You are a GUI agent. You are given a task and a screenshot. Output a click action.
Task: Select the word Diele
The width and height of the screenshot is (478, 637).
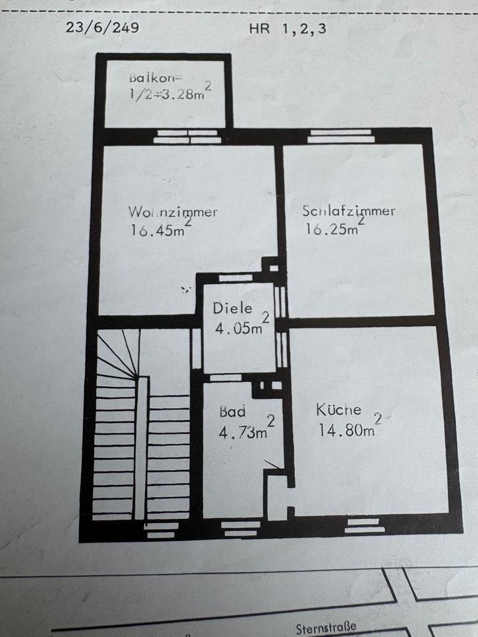(x=232, y=308)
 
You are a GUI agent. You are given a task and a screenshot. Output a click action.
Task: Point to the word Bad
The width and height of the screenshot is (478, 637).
(x=232, y=411)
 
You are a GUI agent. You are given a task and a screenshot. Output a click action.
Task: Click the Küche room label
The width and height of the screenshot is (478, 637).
(x=339, y=409)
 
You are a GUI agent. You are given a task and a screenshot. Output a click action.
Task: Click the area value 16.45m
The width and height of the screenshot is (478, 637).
(x=158, y=230)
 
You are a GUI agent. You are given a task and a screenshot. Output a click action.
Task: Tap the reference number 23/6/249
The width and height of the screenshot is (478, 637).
(x=102, y=28)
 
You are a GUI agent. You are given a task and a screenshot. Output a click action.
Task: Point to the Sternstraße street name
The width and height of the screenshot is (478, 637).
(x=327, y=626)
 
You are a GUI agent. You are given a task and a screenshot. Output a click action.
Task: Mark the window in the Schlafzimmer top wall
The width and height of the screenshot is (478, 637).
(x=341, y=136)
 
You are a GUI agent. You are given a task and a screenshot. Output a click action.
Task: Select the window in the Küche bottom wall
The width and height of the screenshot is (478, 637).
(x=364, y=525)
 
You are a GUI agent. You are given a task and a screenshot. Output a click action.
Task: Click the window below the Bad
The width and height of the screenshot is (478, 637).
(x=240, y=528)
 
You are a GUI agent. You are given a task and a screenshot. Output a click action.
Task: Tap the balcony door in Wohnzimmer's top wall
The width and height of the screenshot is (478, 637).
(x=187, y=136)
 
